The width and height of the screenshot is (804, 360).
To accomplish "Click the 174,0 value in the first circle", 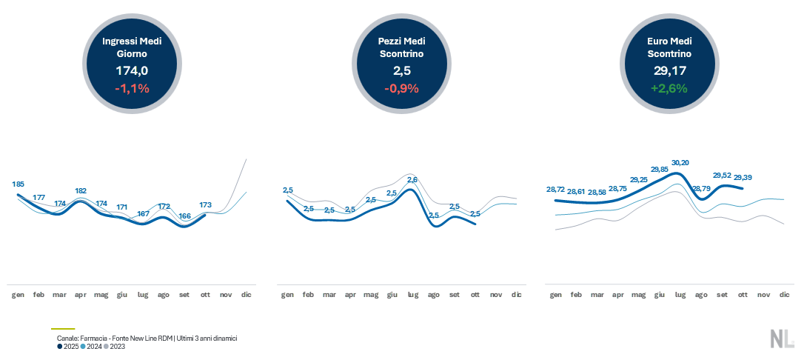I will click(x=132, y=70).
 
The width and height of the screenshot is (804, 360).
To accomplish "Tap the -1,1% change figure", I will click(x=132, y=88).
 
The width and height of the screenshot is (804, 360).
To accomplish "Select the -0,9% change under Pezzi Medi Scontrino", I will click(x=401, y=88).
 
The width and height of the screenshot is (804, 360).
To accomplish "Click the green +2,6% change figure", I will click(x=669, y=88).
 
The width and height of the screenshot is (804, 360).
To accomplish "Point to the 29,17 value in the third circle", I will click(x=669, y=70).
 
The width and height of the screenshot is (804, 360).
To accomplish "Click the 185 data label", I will click(x=19, y=184).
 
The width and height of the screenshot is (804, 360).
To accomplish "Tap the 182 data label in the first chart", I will click(x=81, y=190).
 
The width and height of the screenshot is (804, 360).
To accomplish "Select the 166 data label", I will click(x=185, y=216).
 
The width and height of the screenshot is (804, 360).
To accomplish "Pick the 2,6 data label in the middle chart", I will click(x=413, y=180).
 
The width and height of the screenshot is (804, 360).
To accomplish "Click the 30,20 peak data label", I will click(x=680, y=163).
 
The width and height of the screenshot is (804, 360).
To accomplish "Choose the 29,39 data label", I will click(x=743, y=178).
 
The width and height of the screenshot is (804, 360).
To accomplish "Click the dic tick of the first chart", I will click(x=247, y=295).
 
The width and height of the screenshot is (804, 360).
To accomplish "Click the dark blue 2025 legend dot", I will click(x=60, y=346).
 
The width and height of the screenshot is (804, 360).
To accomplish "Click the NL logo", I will click(x=782, y=339).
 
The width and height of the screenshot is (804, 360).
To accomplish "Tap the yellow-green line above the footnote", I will click(x=63, y=328).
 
